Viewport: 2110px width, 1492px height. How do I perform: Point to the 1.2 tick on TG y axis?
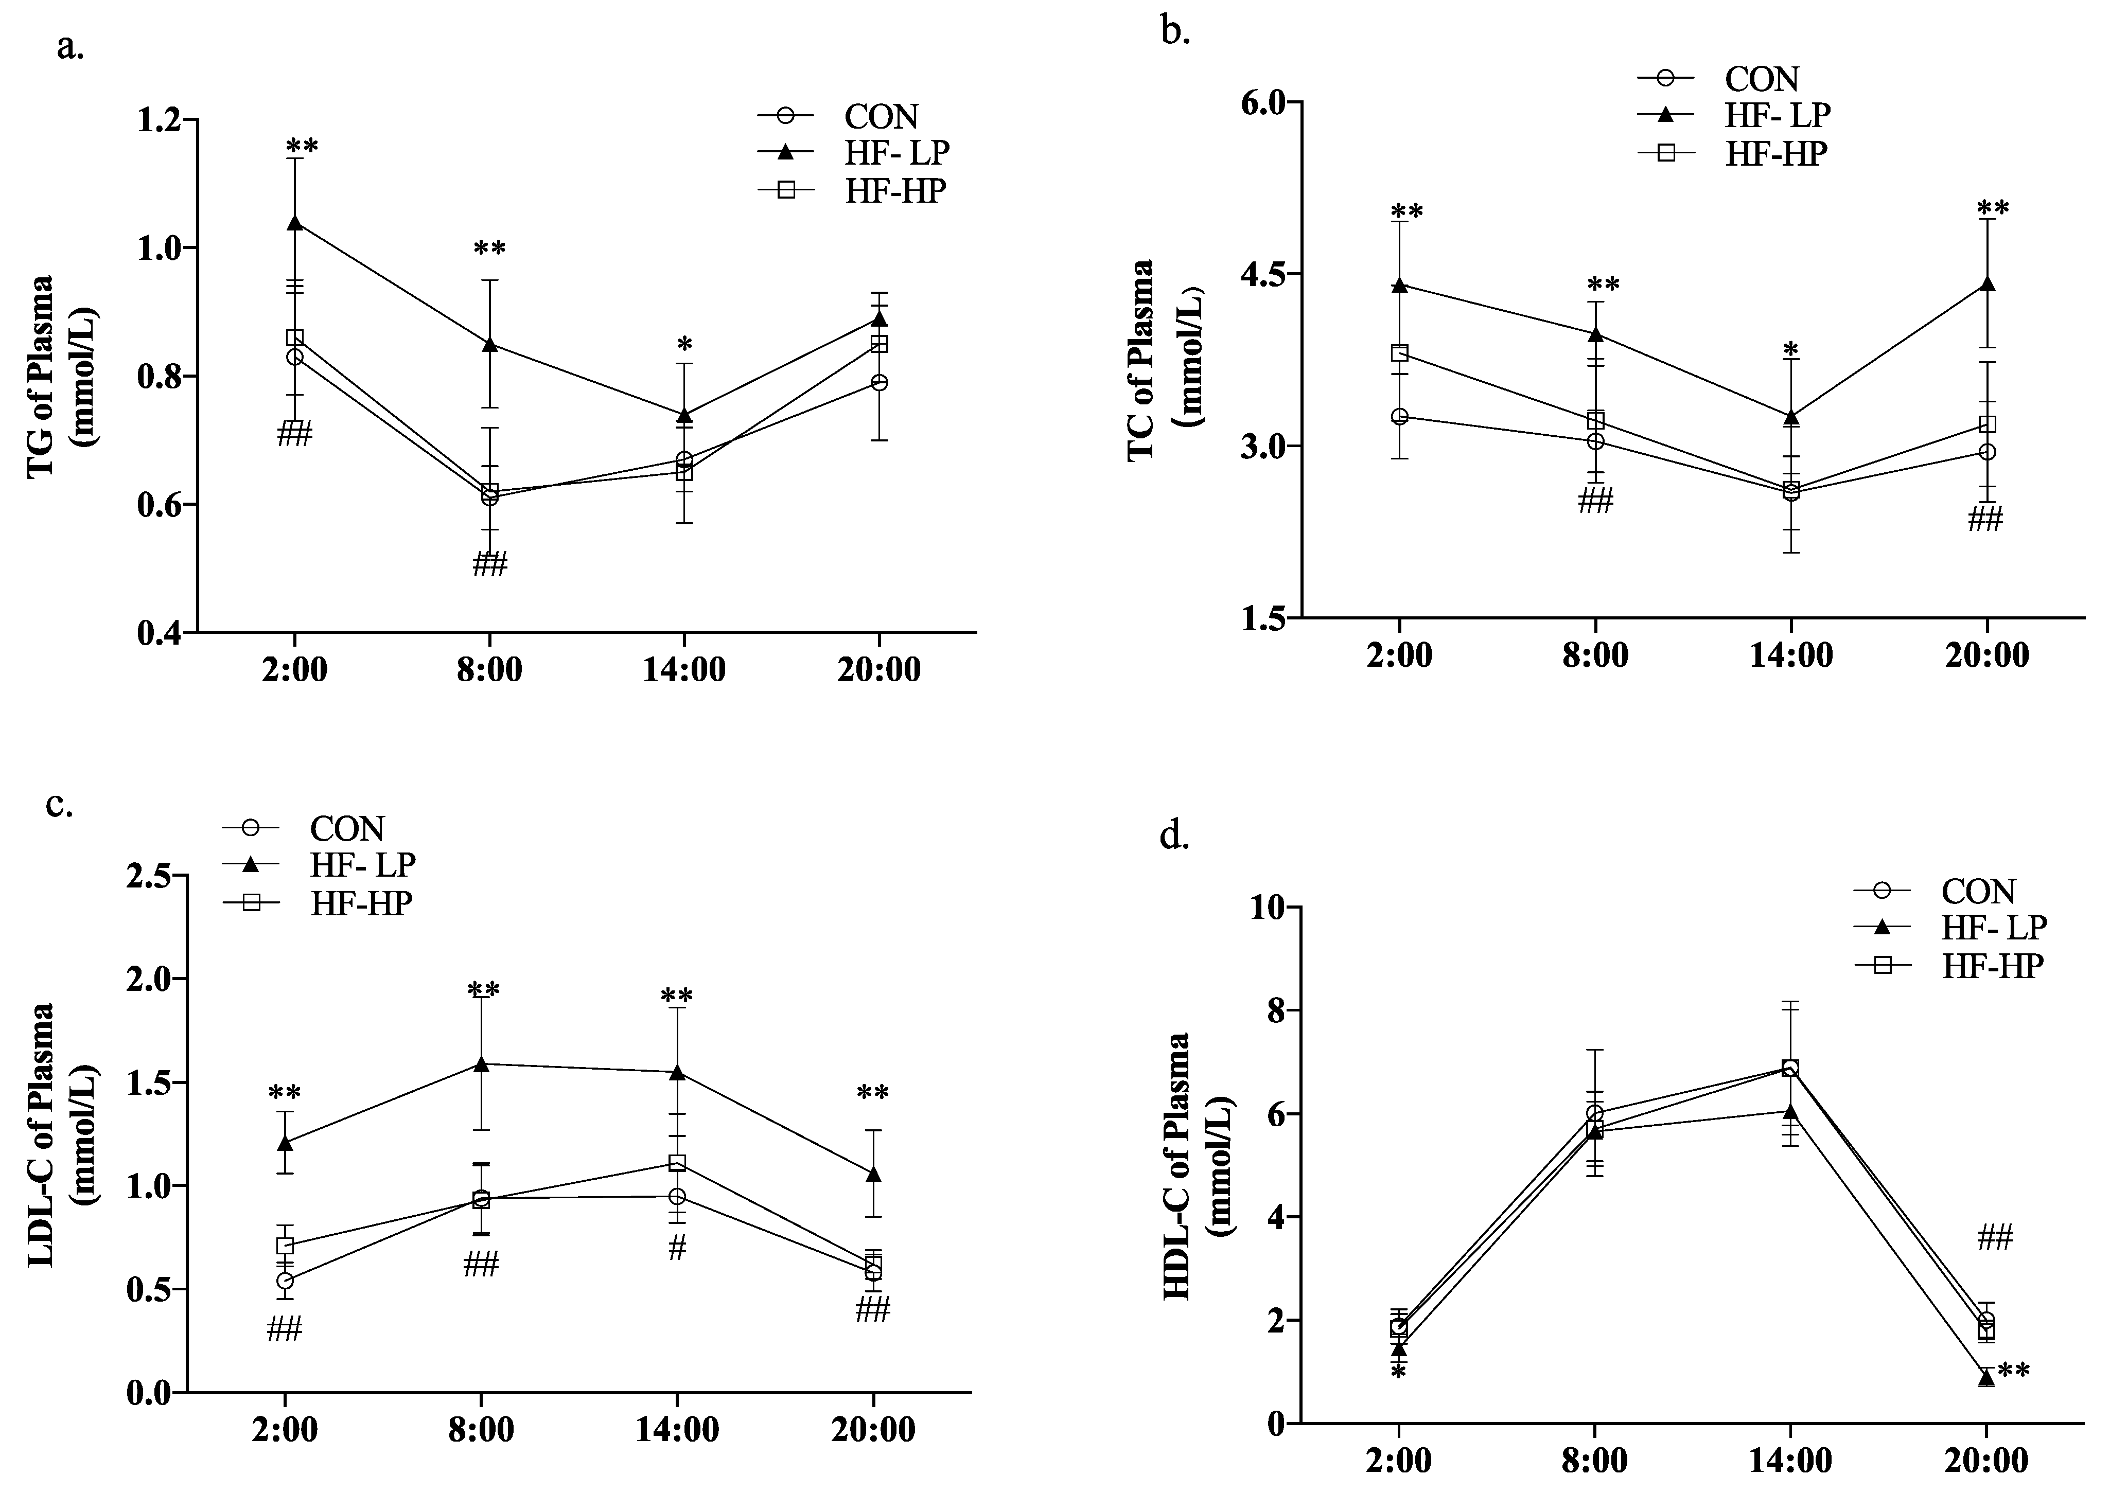coord(162,120)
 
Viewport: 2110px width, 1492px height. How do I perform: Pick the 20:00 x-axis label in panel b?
coord(1987,655)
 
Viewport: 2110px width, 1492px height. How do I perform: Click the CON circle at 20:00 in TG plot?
coord(880,383)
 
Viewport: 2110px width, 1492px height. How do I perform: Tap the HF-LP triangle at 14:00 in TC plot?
coord(1791,418)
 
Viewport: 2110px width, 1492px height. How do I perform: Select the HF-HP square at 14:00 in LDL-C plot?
coord(677,1163)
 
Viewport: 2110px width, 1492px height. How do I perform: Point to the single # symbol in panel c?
coord(677,1248)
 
